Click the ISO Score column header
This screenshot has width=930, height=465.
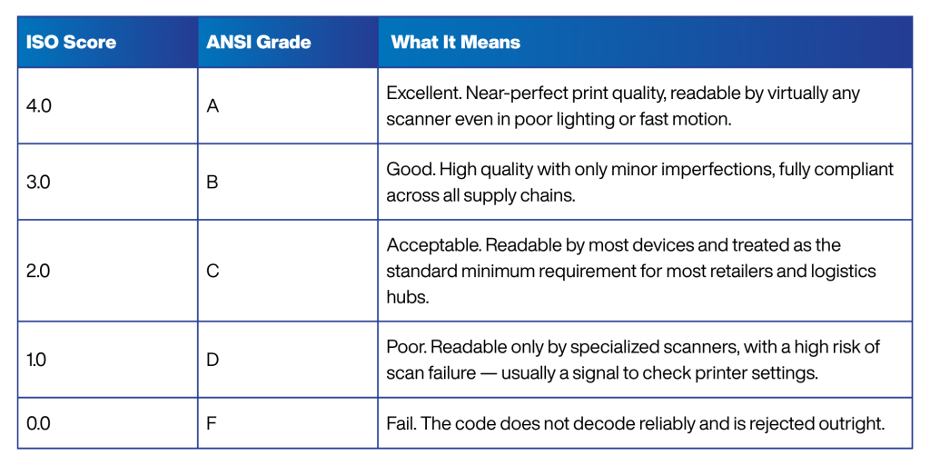point(71,42)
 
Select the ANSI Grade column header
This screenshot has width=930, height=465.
point(259,42)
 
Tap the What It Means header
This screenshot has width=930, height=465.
point(456,42)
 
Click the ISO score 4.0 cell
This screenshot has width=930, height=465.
point(38,107)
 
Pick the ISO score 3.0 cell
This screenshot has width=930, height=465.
point(38,183)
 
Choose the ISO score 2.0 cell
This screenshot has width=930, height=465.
point(38,271)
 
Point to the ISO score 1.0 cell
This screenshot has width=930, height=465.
point(36,360)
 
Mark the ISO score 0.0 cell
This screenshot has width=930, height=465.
point(38,424)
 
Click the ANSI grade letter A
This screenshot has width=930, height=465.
point(213,107)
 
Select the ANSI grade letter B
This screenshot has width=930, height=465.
point(213,183)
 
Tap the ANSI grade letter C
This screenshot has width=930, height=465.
point(213,271)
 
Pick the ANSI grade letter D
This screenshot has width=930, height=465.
point(213,360)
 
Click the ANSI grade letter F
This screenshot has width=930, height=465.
point(212,424)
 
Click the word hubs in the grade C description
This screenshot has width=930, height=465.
point(407,297)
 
